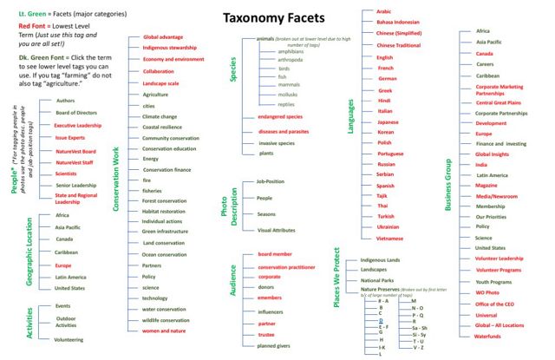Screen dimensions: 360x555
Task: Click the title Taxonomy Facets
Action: (277, 18)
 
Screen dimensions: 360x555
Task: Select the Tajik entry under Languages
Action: (385, 196)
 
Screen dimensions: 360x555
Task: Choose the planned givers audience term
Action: (275, 346)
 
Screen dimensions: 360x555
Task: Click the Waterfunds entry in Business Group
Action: (488, 336)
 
